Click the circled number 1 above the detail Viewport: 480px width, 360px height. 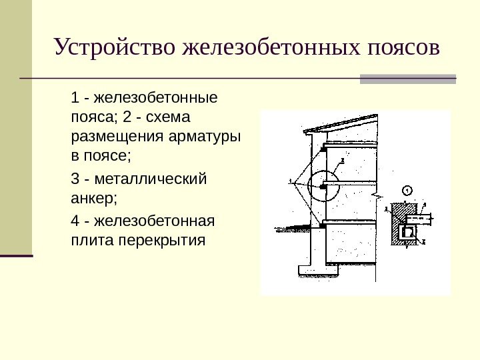click(x=408, y=190)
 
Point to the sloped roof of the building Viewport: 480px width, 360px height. click(x=340, y=122)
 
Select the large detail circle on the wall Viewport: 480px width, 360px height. click(x=324, y=187)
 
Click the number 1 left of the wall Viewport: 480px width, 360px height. click(x=291, y=180)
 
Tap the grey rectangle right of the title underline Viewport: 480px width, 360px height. click(x=407, y=79)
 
